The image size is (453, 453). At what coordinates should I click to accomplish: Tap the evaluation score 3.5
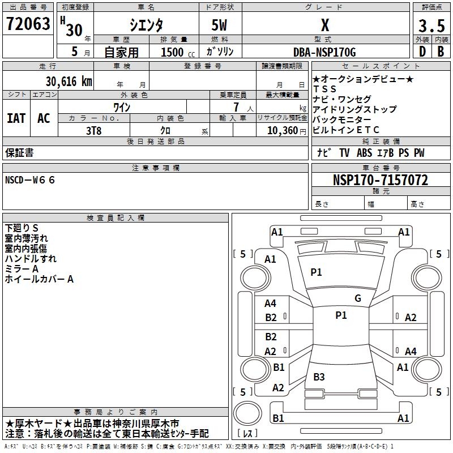coord(431,26)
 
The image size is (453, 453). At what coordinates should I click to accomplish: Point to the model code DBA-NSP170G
coord(325,53)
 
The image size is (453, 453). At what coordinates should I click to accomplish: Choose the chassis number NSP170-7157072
coord(380,181)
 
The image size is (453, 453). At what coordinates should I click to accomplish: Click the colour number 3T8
coord(94,130)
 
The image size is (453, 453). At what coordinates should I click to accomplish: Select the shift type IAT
coord(16,118)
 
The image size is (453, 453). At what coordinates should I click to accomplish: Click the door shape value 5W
coord(220,25)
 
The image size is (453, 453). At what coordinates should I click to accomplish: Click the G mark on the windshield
coord(357,298)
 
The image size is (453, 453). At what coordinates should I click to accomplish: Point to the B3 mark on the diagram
coord(319,377)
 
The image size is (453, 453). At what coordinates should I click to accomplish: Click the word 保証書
coord(19,153)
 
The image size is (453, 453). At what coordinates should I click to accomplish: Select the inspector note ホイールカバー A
coord(39,279)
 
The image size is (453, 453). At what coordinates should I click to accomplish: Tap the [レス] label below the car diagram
coord(249,434)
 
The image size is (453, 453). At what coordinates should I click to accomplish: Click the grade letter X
coord(324,25)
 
